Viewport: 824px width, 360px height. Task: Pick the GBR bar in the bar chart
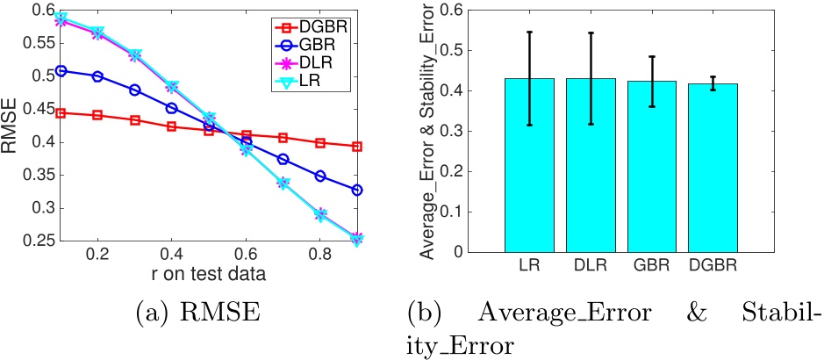pyautogui.click(x=651, y=167)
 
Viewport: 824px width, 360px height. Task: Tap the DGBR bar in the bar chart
pyautogui.click(x=713, y=168)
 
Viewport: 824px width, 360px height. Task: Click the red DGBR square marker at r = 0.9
pyautogui.click(x=358, y=146)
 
